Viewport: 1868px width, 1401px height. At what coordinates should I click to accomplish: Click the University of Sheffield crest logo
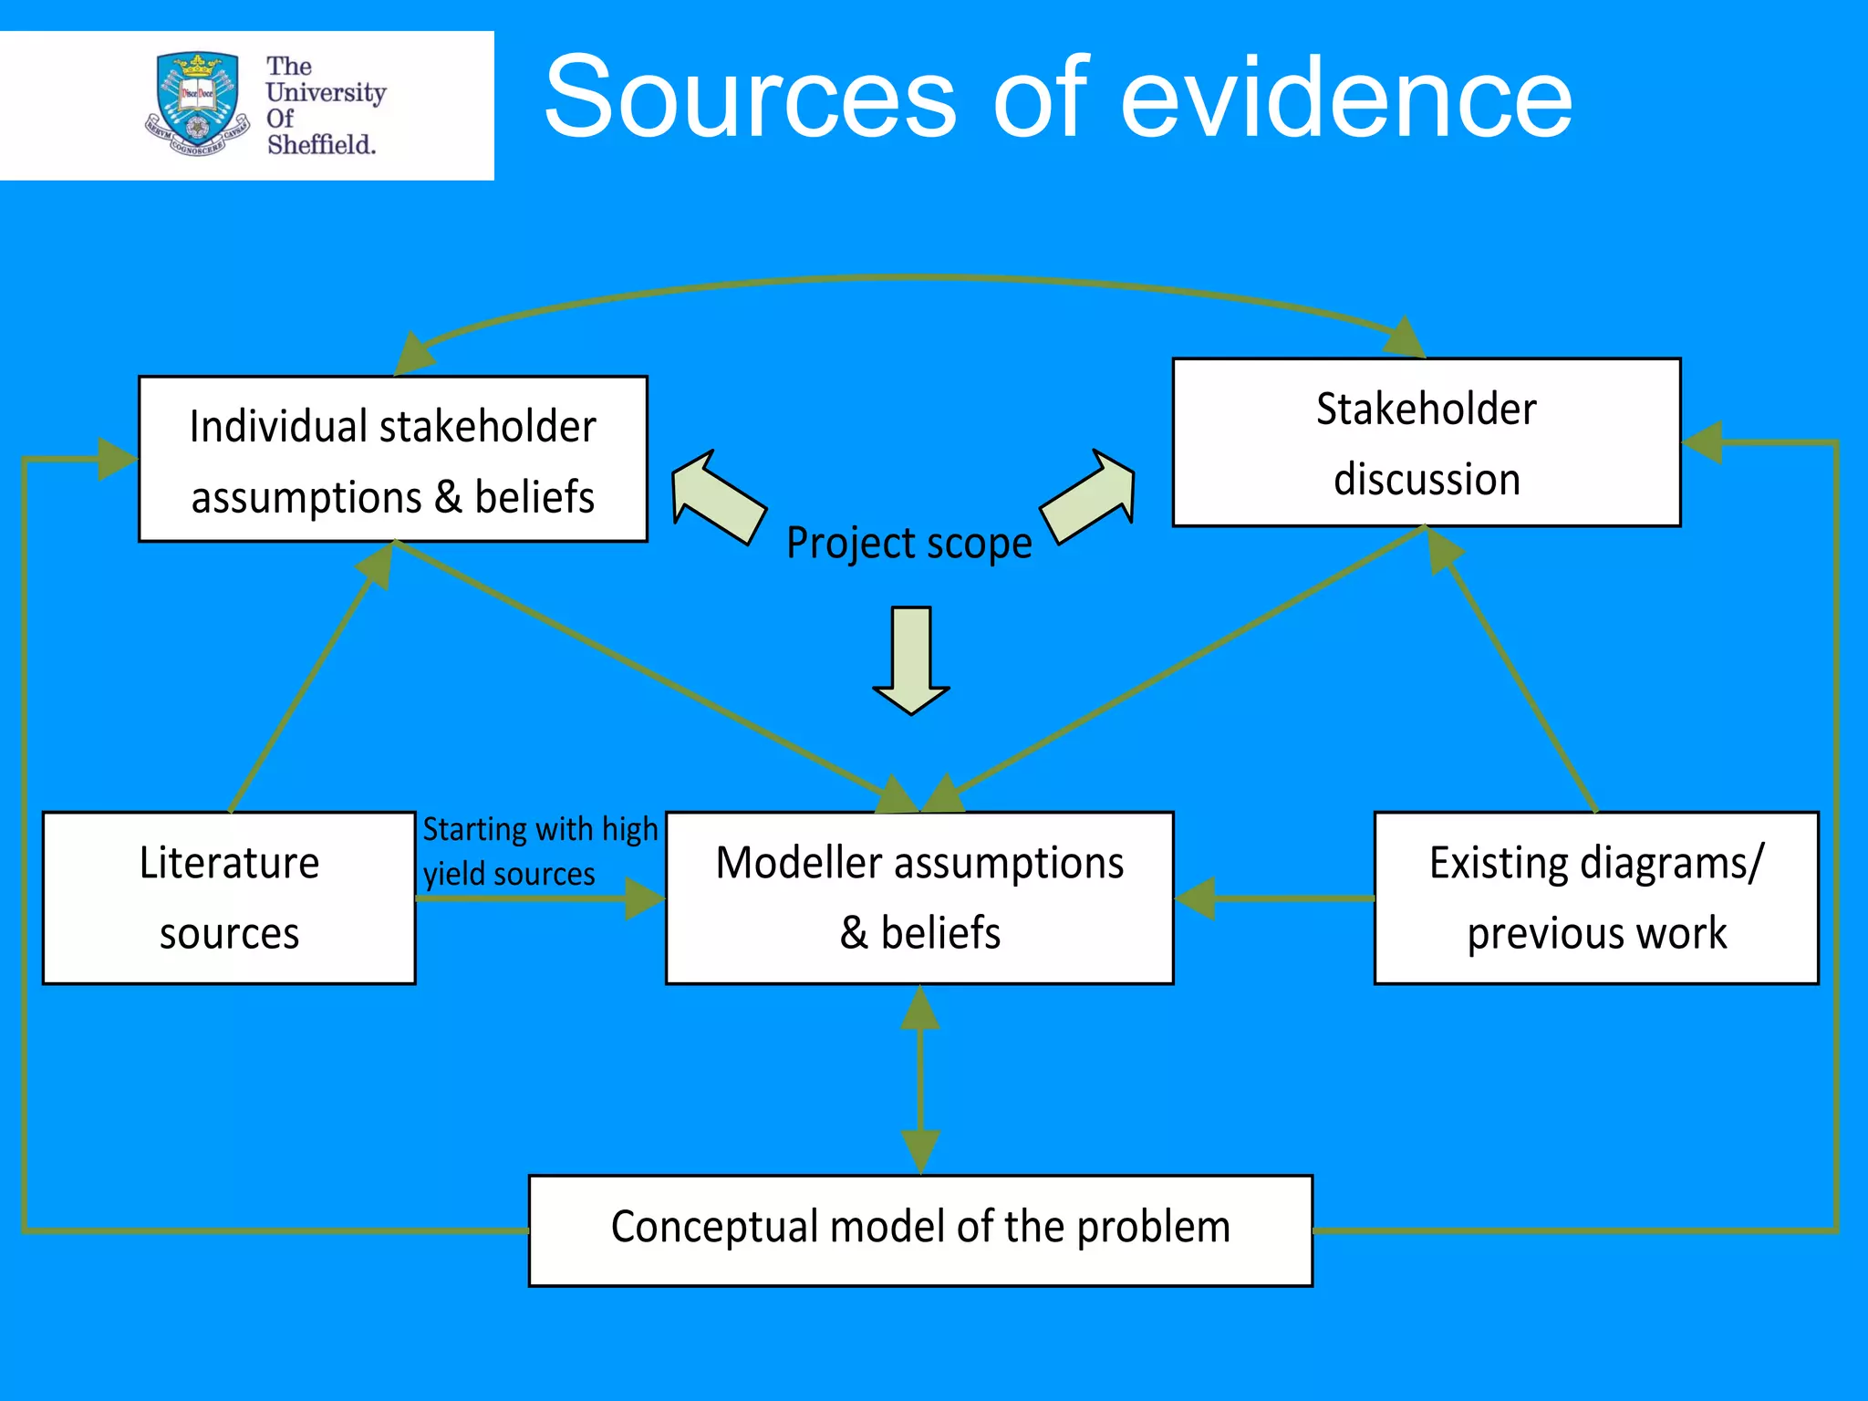[197, 103]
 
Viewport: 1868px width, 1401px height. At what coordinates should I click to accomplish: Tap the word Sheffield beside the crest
[321, 145]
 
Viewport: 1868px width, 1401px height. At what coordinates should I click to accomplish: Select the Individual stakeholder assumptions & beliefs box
[393, 460]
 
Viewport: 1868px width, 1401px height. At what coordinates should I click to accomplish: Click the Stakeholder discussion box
[1426, 443]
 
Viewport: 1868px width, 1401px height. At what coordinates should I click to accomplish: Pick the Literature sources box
[229, 898]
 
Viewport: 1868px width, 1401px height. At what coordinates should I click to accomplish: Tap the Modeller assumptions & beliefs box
[919, 898]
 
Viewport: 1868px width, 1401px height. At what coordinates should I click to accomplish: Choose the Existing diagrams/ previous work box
[1596, 898]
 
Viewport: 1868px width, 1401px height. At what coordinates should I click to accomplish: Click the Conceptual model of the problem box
[920, 1230]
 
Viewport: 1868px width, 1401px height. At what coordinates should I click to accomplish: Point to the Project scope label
[908, 544]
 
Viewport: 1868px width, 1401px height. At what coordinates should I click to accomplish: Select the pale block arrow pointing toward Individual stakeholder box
[716, 497]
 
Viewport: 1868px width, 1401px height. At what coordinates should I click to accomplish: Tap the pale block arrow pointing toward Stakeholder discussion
[1090, 497]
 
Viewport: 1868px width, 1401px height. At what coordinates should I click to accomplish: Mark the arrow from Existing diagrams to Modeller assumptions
[1277, 898]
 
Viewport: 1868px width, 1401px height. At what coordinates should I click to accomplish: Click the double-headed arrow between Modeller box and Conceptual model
[920, 1080]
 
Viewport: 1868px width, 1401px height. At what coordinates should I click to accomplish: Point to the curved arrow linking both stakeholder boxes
[912, 278]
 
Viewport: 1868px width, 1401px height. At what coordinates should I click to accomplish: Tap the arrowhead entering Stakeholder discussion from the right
[1702, 442]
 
